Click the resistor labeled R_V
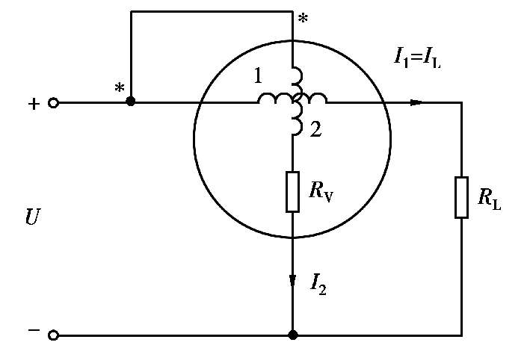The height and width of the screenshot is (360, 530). [x=292, y=191]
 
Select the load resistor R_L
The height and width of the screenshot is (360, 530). [x=461, y=197]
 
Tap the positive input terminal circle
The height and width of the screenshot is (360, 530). [x=53, y=103]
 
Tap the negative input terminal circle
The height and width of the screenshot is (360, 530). [x=53, y=335]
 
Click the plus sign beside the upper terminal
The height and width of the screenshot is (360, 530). [x=33, y=104]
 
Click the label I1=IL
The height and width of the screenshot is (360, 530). [x=416, y=56]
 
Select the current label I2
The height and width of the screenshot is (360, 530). [x=320, y=282]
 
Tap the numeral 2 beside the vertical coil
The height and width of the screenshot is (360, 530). [x=316, y=130]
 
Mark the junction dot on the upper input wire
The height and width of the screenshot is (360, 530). [x=131, y=101]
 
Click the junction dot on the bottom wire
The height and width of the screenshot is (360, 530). [x=292, y=335]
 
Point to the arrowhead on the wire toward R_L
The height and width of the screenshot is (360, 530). [x=416, y=102]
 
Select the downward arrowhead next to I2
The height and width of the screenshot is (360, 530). [x=292, y=281]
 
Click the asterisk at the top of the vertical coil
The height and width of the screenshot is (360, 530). [x=301, y=19]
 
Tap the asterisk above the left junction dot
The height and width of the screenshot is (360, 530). [x=120, y=87]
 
